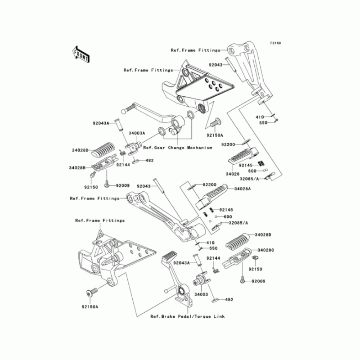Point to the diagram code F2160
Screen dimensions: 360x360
tap(275, 43)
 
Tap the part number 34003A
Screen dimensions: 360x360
tap(136, 133)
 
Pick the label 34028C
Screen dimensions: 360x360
tap(266, 250)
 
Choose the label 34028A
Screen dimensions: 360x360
tap(242, 189)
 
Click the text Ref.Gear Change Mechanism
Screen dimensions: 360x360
tap(177, 147)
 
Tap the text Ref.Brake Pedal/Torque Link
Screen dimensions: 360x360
tap(188, 316)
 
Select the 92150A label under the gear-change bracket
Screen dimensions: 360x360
tap(215, 134)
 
